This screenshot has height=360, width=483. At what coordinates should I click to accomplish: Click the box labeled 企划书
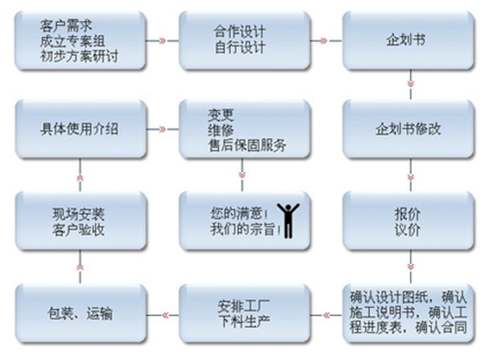click(408, 41)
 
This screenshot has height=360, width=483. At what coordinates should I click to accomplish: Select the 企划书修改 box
click(408, 129)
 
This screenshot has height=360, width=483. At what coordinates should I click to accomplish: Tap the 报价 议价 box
click(408, 221)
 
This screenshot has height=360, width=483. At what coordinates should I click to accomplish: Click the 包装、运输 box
click(80, 313)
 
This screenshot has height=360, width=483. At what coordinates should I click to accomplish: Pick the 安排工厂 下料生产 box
click(244, 313)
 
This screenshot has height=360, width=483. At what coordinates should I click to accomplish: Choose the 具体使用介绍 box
click(80, 129)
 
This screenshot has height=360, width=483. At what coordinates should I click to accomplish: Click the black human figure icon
click(288, 221)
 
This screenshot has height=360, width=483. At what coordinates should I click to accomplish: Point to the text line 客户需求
click(66, 26)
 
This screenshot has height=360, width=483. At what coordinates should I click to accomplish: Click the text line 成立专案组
click(72, 41)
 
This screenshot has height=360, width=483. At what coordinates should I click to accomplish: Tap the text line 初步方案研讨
click(79, 56)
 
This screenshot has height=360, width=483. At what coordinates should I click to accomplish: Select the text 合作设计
click(240, 32)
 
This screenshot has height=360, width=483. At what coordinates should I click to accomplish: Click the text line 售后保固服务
click(247, 146)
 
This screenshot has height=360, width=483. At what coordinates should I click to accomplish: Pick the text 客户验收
click(78, 230)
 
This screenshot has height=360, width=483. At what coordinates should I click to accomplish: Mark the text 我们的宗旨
click(242, 229)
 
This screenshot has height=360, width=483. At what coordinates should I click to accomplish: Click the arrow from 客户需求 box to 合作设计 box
click(162, 41)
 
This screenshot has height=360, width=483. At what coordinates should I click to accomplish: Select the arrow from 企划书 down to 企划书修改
click(411, 85)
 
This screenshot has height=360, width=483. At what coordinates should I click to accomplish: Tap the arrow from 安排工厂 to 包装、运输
click(162, 315)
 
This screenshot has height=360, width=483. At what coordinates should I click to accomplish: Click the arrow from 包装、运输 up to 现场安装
click(80, 267)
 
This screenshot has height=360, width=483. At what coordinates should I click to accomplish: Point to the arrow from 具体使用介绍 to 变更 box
click(162, 129)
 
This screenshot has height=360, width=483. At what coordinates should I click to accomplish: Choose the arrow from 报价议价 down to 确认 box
click(411, 267)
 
